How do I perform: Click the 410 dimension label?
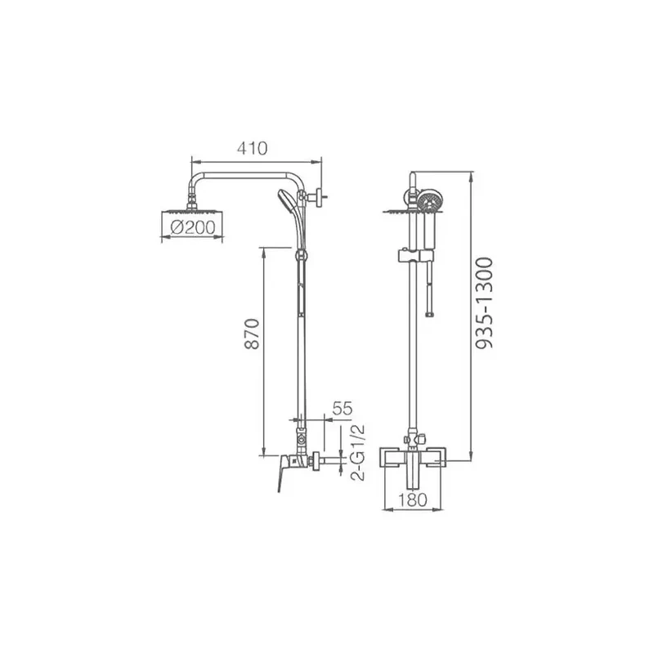tap(252, 148)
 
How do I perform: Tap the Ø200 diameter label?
tap(193, 227)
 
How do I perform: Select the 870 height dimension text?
tap(252, 334)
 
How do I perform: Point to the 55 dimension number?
tap(343, 408)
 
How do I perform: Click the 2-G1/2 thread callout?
tap(357, 453)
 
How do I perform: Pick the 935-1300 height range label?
tap(484, 302)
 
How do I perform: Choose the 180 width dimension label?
tap(413, 499)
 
